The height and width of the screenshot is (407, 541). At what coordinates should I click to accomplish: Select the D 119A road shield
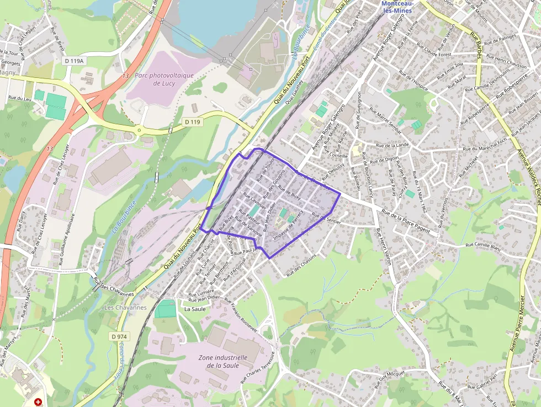click(x=73, y=61)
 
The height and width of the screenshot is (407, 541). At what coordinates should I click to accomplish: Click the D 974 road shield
click(x=119, y=336)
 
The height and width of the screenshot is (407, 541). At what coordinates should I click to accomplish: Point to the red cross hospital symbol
click(x=38, y=403)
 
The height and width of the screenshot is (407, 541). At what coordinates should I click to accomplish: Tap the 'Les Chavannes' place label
click(x=125, y=307)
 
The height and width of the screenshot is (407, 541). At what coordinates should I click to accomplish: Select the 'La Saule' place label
click(x=195, y=309)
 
